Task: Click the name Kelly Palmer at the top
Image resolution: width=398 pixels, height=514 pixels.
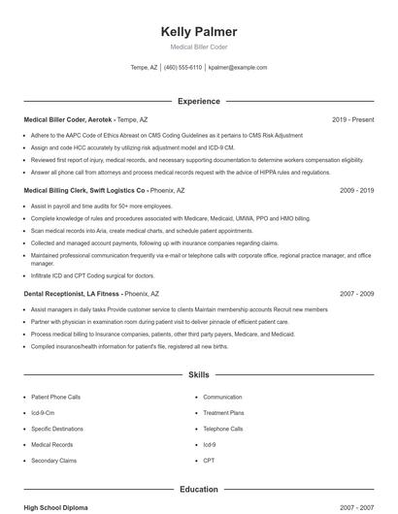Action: [199, 32]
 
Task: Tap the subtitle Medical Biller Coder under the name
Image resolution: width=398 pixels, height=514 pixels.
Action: [199, 48]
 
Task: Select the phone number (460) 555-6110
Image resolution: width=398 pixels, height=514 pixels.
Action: [182, 68]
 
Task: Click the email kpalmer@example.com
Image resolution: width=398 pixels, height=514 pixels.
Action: [238, 68]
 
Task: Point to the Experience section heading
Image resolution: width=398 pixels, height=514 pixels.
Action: [199, 101]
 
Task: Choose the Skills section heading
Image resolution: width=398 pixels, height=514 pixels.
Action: [199, 373]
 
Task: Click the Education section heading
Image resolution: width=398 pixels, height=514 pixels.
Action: [199, 490]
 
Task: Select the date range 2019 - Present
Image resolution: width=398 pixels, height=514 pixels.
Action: [352, 119]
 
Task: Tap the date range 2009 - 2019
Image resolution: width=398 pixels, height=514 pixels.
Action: [356, 191]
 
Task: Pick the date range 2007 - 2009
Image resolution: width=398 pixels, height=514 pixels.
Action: [356, 293]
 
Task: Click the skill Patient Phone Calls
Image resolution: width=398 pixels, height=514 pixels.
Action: [55, 397]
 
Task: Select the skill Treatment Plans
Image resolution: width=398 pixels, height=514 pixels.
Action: [223, 412]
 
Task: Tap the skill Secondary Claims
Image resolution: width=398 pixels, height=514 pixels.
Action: [53, 460]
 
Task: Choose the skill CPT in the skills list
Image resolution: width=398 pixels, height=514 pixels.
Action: [209, 460]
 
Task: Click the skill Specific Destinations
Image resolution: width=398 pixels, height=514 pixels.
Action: [57, 428]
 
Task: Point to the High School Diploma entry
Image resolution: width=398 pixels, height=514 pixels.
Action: [55, 507]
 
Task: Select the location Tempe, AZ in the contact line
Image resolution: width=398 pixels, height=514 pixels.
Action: [144, 68]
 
